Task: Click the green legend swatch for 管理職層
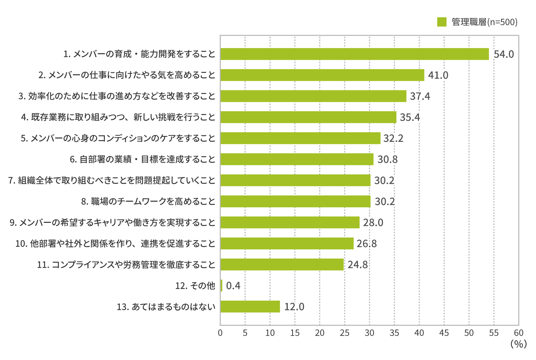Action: pyautogui.click(x=442, y=22)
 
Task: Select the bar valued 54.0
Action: pyautogui.click(x=355, y=54)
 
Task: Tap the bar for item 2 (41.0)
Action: pyautogui.click(x=322, y=75)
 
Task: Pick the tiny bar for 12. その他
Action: pyautogui.click(x=221, y=286)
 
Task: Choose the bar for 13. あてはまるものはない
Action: pyautogui.click(x=250, y=307)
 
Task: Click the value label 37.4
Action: pyautogui.click(x=420, y=96)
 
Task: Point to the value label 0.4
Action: pyautogui.click(x=233, y=286)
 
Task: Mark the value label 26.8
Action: pyautogui.click(x=367, y=244)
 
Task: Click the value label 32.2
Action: pyautogui.click(x=394, y=138)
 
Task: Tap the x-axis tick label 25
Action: pyautogui.click(x=345, y=333)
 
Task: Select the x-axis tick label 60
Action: pyautogui.click(x=519, y=333)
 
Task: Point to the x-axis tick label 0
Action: pyautogui.click(x=220, y=333)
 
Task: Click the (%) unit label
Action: pyautogui.click(x=519, y=344)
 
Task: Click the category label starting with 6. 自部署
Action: pyautogui.click(x=142, y=159)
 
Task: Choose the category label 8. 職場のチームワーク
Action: pyautogui.click(x=148, y=202)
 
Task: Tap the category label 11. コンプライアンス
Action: pyautogui.click(x=126, y=265)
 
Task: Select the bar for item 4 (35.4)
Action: pyautogui.click(x=308, y=117)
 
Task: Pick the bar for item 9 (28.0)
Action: pyautogui.click(x=290, y=223)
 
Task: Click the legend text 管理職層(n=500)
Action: pyautogui.click(x=484, y=22)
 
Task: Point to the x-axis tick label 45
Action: pyautogui.click(x=444, y=333)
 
